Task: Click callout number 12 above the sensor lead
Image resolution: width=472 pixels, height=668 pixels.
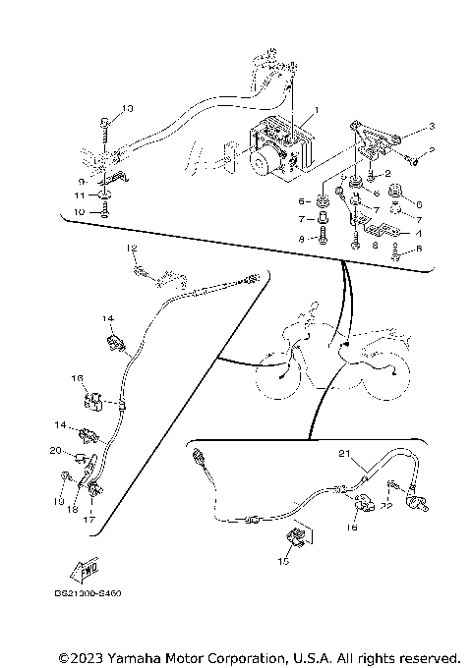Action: pyautogui.click(x=129, y=250)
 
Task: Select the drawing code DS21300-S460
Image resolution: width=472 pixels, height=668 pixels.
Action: pyautogui.click(x=95, y=593)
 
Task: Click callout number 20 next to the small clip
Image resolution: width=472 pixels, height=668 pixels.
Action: pyautogui.click(x=55, y=450)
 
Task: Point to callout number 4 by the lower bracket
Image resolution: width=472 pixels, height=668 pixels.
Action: pyautogui.click(x=418, y=234)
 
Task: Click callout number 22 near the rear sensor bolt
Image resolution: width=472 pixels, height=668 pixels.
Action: pyautogui.click(x=387, y=506)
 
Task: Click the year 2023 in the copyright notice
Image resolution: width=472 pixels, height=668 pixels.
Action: pyautogui.click(x=84, y=656)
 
